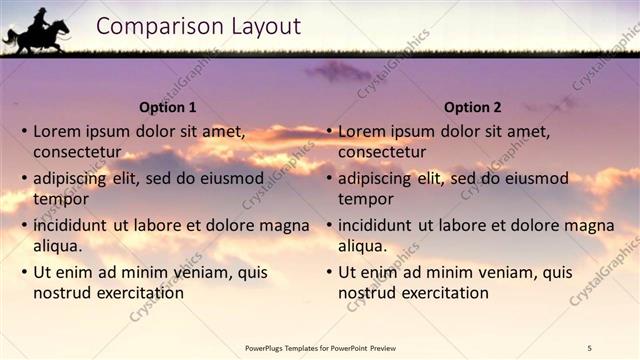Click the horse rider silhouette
click(36, 31)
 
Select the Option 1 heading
click(167, 107)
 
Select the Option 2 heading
click(472, 107)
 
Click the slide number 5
click(590, 347)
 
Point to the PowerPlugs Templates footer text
click(320, 347)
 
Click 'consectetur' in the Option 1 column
click(77, 152)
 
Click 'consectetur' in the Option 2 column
click(382, 152)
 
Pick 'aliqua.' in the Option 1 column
click(58, 246)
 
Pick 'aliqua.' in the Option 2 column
click(363, 246)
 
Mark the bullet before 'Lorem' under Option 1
click(24, 131)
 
